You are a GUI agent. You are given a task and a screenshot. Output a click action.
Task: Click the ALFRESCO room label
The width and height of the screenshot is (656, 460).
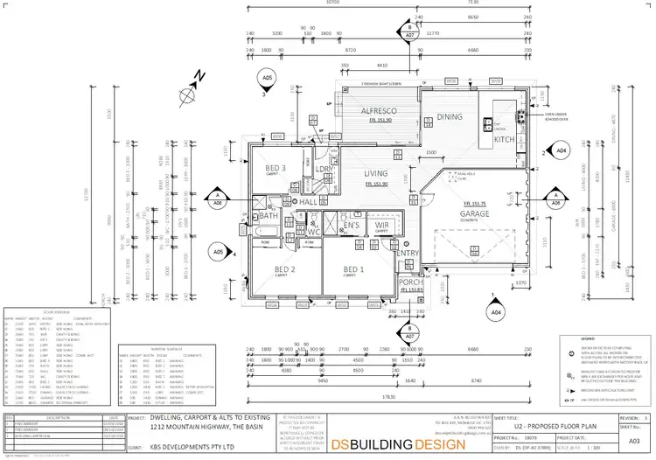point(380,111)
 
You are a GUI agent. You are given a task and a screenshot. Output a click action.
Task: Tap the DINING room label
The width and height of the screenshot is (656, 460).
point(450,116)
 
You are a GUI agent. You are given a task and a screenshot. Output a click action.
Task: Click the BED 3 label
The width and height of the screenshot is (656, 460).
point(276,167)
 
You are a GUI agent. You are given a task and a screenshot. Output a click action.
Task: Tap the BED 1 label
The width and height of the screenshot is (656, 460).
point(353,269)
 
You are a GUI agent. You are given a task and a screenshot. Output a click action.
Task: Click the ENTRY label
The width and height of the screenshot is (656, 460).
point(408,254)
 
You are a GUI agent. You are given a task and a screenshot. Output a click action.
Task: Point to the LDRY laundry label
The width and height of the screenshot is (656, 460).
point(325,169)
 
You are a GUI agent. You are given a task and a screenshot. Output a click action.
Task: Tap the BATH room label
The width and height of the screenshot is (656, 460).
point(267,215)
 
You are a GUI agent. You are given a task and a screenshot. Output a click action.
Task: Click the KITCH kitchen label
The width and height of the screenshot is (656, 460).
point(505,139)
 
